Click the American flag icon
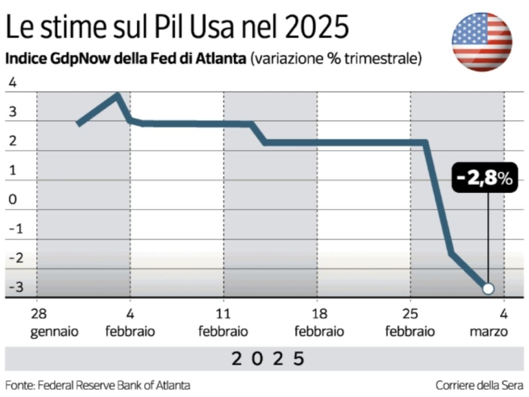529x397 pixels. (481, 42)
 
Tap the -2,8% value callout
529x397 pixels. (483, 179)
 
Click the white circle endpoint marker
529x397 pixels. (487, 288)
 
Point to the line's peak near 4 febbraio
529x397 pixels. (118, 94)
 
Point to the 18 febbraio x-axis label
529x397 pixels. (319, 322)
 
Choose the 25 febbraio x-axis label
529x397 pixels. (410, 322)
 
